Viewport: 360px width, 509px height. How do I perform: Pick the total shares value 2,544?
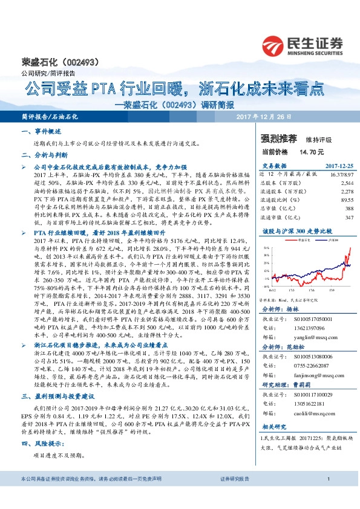[346, 182]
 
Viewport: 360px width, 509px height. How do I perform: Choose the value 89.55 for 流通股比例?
[346, 199]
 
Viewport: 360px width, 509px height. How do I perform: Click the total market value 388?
[349, 207]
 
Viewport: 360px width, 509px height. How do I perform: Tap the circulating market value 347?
[349, 216]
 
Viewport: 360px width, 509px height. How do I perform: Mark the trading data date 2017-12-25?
[339, 165]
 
